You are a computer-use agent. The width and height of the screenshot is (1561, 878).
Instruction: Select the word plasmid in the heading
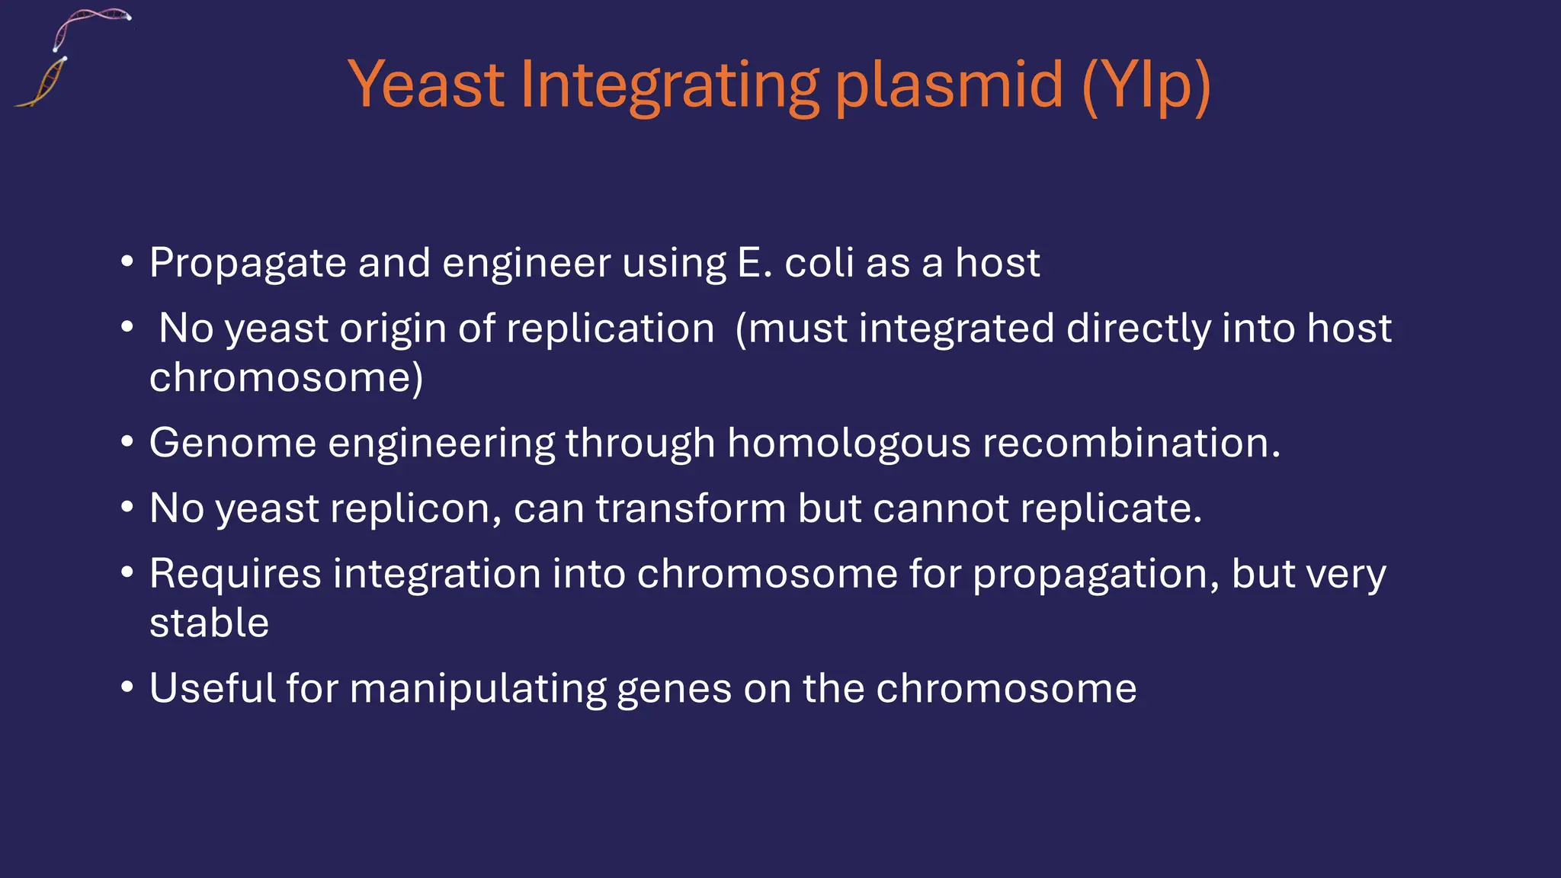[949, 85]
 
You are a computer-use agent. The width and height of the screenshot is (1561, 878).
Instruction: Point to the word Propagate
[248, 264]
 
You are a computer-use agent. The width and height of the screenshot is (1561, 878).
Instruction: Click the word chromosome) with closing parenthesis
[286, 378]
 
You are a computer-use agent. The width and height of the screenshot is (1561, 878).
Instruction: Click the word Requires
[235, 574]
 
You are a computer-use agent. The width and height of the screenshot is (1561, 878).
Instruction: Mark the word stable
[209, 623]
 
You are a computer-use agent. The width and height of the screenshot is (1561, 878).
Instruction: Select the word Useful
[212, 689]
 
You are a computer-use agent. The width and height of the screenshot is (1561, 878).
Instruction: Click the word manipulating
[477, 689]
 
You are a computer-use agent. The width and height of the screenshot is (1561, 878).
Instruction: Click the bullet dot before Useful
[127, 687]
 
